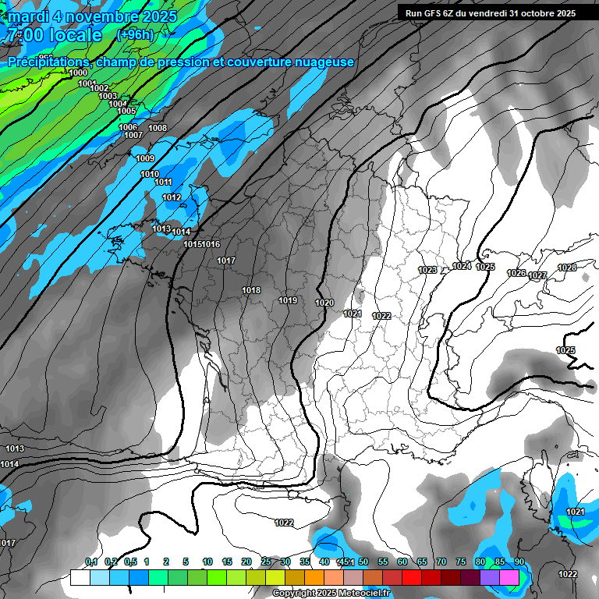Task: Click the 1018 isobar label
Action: [251, 290]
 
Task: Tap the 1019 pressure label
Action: [288, 300]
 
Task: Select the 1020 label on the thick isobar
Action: [324, 303]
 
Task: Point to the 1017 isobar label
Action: [226, 261]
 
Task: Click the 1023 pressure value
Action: [427, 270]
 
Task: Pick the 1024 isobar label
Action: [462, 266]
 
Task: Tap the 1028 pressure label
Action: [567, 268]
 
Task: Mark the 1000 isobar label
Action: [78, 73]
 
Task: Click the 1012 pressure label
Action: [172, 197]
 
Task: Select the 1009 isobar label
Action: [145, 158]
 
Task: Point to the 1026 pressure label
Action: [516, 273]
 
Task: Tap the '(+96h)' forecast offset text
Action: [135, 34]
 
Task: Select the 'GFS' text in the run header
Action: [441, 12]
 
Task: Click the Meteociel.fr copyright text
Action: [321, 594]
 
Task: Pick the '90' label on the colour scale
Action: [519, 562]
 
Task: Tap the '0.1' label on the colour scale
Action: [90, 562]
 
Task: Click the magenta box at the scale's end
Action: [509, 577]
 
